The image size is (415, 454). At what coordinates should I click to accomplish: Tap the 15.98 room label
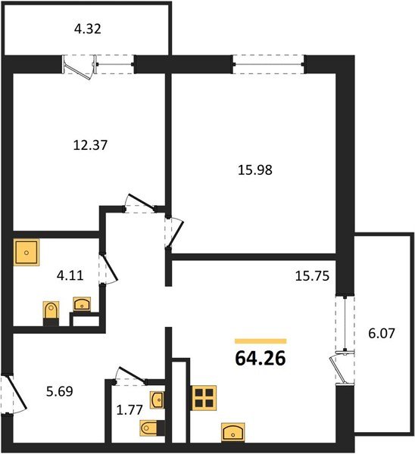tap(254, 169)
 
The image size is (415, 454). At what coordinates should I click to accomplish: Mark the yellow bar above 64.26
tap(261, 341)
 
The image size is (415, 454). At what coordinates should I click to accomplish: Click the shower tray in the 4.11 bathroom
tap(27, 251)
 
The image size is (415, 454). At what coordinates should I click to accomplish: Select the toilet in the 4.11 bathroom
tap(51, 313)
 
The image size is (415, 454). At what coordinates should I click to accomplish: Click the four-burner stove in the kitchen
tap(204, 397)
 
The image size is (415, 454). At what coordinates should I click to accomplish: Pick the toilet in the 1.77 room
tap(150, 428)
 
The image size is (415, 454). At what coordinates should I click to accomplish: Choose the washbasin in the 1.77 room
tap(158, 399)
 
